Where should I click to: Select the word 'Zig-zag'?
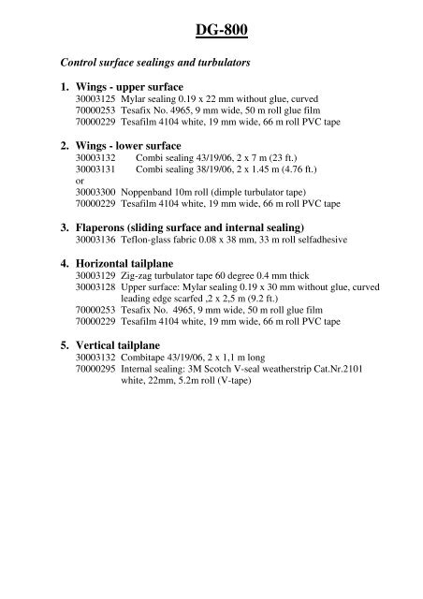point(137,279)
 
